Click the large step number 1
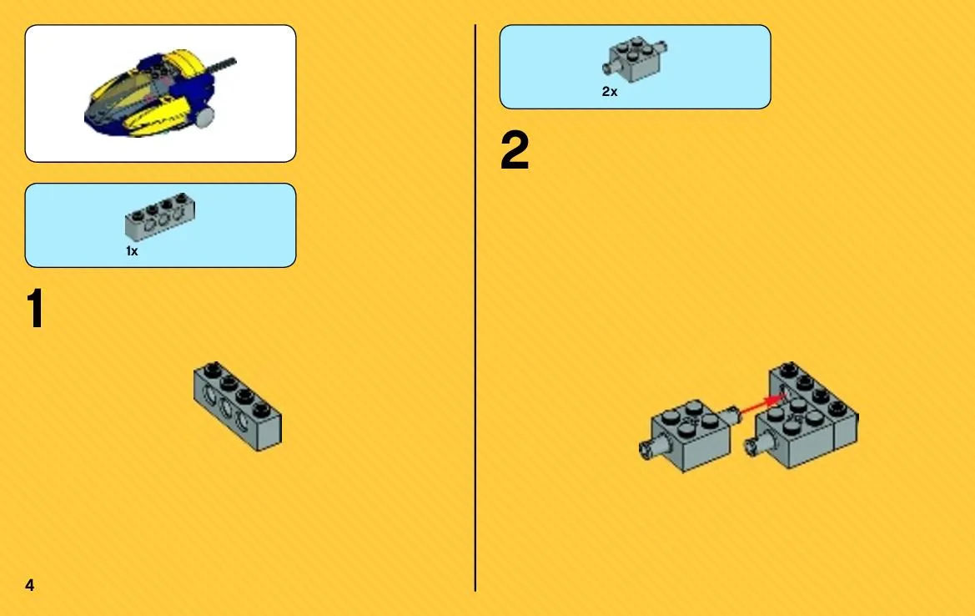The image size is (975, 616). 36,308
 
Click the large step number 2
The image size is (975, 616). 515,150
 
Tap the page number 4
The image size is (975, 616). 29,585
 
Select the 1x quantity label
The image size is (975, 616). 132,250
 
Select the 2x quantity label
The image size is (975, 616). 610,92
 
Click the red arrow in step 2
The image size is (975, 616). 761,403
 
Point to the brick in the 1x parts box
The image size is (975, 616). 160,216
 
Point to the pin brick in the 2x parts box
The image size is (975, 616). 634,59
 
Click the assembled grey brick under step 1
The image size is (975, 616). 238,406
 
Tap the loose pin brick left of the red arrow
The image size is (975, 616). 689,434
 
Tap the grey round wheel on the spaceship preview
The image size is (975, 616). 204,116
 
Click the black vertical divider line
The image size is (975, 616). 475,308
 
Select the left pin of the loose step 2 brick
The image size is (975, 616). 647,447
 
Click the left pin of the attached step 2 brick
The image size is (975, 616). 753,444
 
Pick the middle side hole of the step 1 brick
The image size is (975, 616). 226,409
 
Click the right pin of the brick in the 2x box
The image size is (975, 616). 662,47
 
